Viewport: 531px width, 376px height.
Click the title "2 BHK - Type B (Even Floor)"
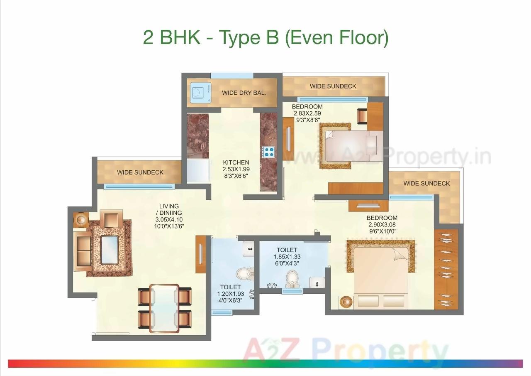click(x=265, y=37)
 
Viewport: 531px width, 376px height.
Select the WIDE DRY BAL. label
click(x=244, y=93)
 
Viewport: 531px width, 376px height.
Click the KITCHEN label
click(x=236, y=162)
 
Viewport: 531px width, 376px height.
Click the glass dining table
click(x=164, y=308)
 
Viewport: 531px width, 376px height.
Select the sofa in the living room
click(x=82, y=251)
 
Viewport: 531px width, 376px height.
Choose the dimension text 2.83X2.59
click(x=307, y=113)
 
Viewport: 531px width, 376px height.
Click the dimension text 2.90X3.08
click(x=382, y=224)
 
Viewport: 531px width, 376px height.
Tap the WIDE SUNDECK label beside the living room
click(x=140, y=172)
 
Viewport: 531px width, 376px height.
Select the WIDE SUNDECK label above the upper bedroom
click(x=333, y=86)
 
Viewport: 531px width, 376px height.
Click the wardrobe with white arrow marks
click(x=446, y=269)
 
